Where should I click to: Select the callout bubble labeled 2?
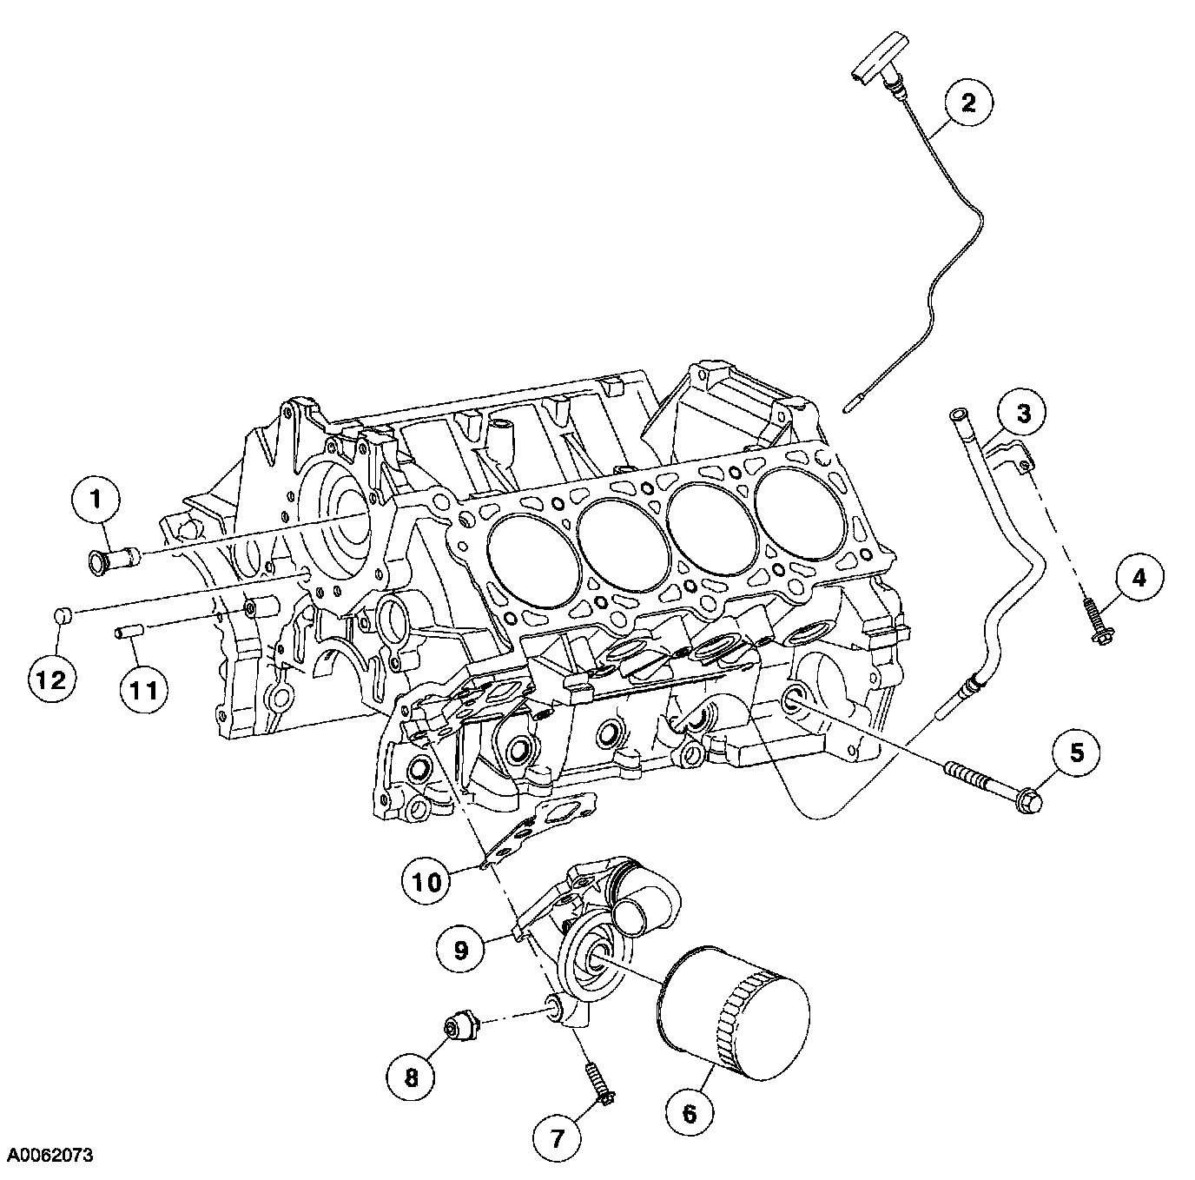(967, 103)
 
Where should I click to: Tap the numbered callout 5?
(1077, 752)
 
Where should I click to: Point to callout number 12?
(51, 679)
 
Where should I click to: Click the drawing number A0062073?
(51, 1155)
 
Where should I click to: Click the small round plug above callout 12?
(61, 616)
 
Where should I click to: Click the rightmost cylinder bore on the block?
(796, 509)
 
